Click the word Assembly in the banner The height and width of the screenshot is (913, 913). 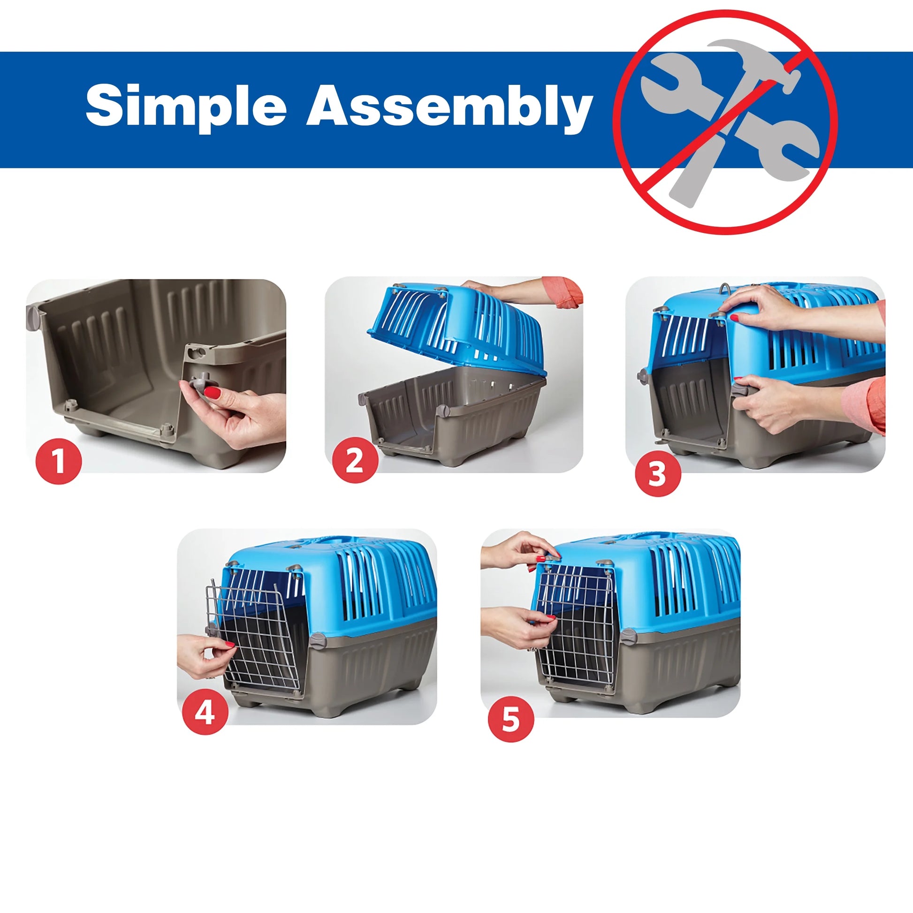[x=450, y=106]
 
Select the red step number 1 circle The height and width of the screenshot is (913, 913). [x=59, y=461]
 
